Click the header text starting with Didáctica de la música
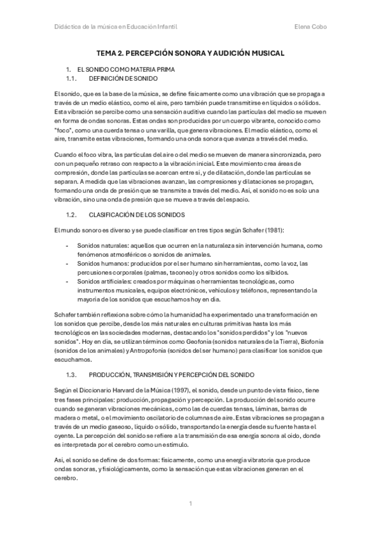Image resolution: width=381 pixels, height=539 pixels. (x=116, y=27)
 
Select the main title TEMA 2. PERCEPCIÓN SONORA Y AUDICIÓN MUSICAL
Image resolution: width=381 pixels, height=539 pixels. (x=190, y=54)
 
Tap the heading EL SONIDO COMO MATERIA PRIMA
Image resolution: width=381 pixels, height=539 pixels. (x=125, y=68)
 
